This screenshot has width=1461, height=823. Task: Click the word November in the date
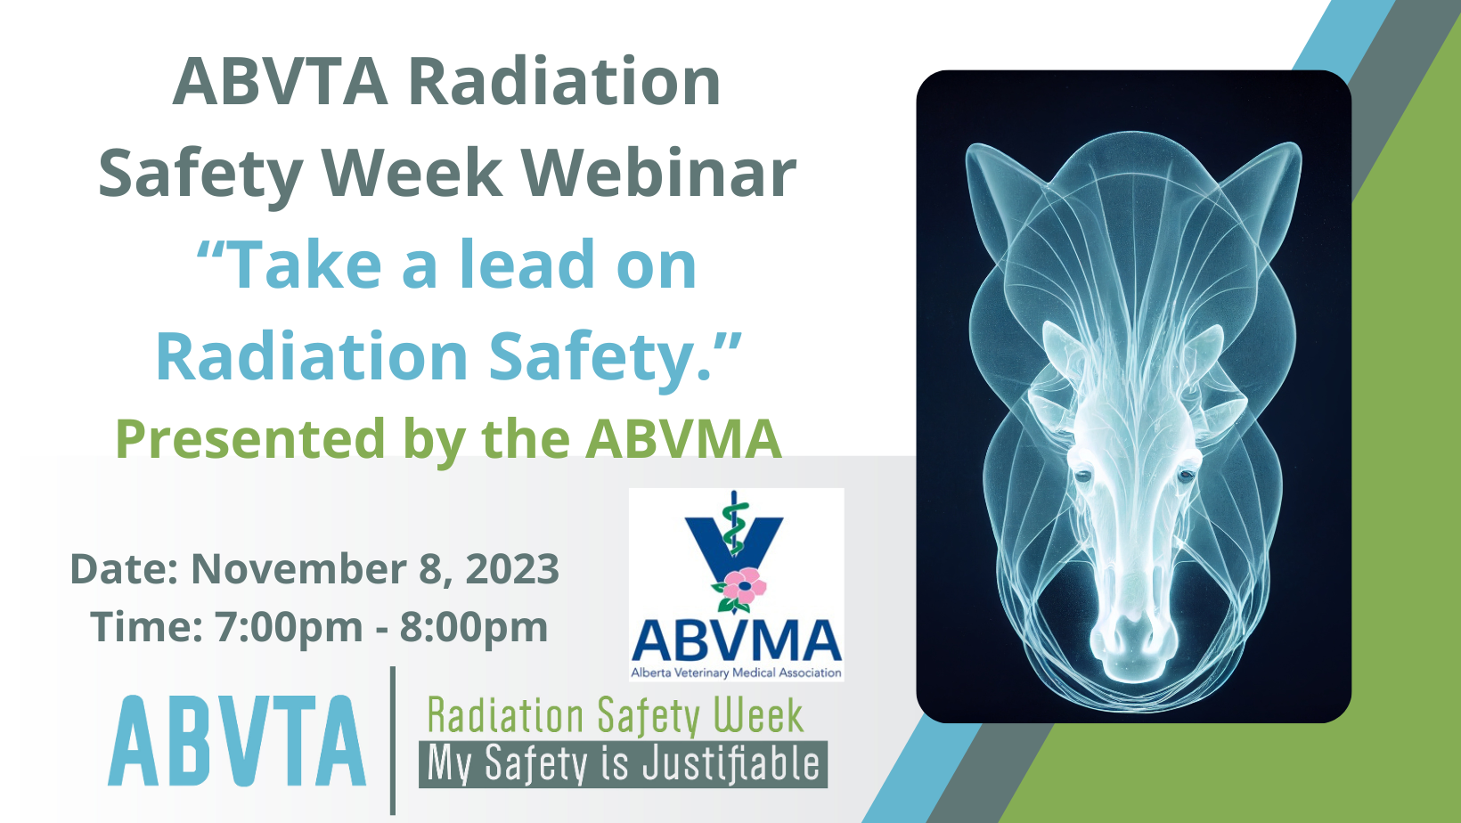coord(298,568)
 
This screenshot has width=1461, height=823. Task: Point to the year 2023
coord(512,568)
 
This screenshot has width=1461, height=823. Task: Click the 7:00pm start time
coord(289,627)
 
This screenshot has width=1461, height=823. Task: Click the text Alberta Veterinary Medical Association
coord(737,672)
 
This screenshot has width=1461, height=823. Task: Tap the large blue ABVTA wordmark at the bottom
coord(237,741)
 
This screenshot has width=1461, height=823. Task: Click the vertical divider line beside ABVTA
coord(393,740)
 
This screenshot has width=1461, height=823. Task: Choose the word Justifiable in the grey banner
coord(731,763)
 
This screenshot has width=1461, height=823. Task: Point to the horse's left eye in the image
coord(1082,475)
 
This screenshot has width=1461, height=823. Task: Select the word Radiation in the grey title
coord(565,82)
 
